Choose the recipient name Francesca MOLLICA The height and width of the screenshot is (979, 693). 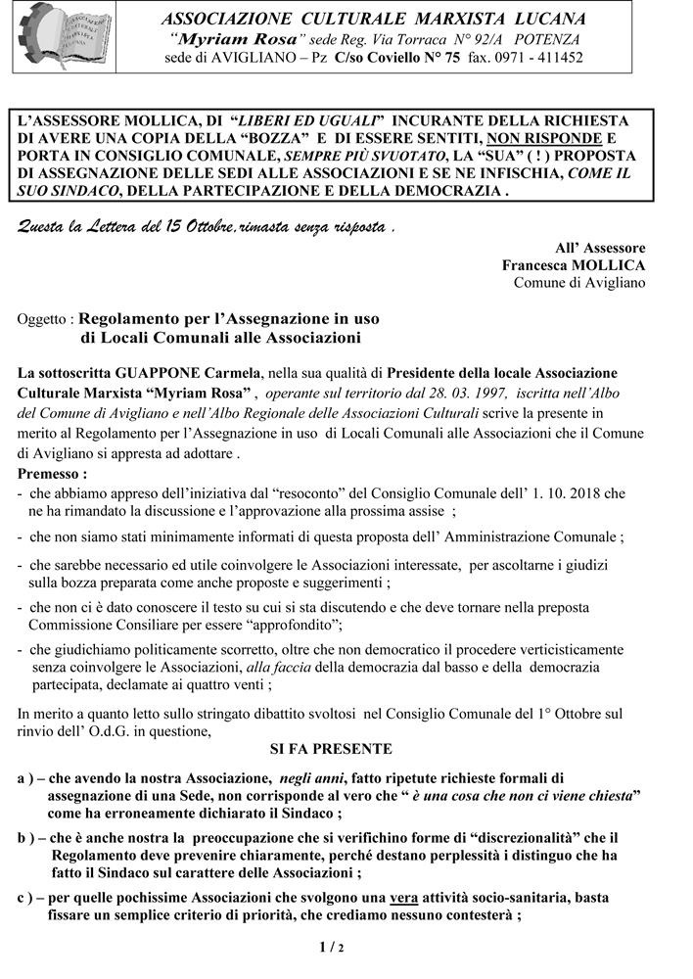(x=574, y=265)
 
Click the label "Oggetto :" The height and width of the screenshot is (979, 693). (x=46, y=320)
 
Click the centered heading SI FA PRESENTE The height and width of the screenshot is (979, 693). (x=331, y=749)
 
